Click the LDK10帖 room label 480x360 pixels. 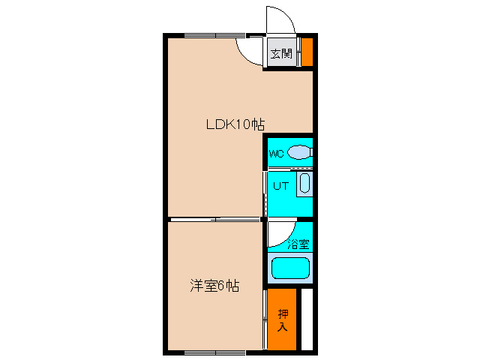235,124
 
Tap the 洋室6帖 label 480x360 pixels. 214,286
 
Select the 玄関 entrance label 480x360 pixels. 282,53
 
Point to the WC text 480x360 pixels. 276,153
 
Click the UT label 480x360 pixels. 280,186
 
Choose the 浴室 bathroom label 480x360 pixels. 298,244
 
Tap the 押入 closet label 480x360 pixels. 283,320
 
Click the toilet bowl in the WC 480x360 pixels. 300,152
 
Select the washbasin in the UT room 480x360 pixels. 304,184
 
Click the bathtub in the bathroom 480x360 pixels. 290,268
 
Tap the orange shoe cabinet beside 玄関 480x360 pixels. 307,52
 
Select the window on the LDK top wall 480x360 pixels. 215,35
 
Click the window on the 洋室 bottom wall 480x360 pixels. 215,352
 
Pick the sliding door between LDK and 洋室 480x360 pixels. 215,219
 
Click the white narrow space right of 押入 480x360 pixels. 307,319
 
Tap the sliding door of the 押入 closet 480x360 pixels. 265,319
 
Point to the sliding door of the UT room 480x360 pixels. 265,194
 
